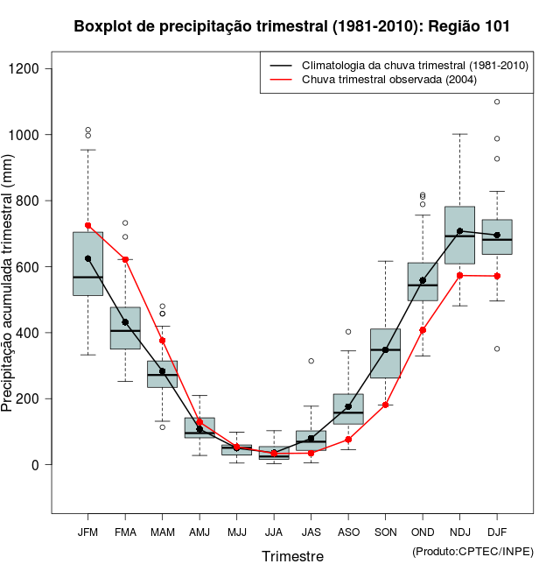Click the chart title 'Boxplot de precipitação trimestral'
click(x=291, y=26)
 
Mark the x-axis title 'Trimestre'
click(x=292, y=556)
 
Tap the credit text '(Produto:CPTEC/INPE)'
click(x=472, y=551)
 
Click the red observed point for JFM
click(x=87, y=226)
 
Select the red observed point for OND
click(x=423, y=330)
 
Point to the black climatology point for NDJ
click(x=459, y=231)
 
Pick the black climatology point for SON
click(x=385, y=349)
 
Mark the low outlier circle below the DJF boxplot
click(x=497, y=349)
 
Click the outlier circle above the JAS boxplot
click(x=311, y=361)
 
